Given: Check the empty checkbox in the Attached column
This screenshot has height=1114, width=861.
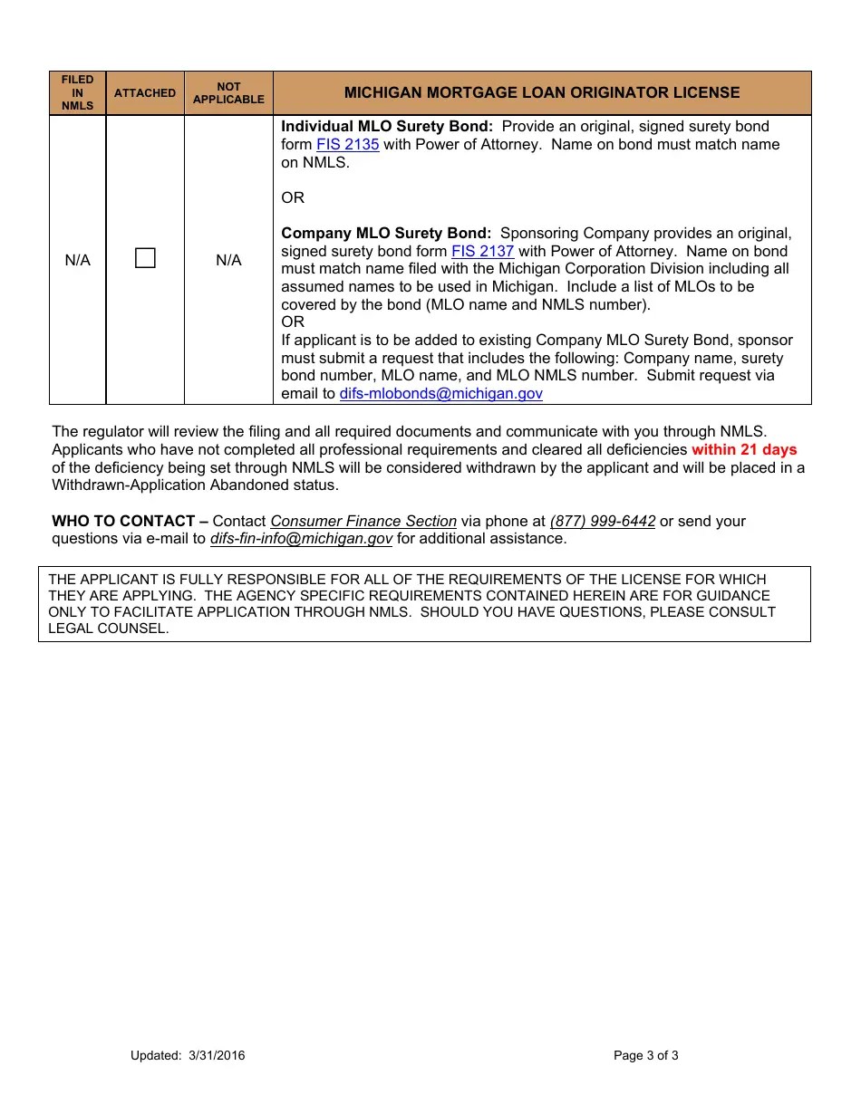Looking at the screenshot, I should (x=145, y=259).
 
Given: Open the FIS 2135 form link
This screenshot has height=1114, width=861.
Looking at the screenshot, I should (x=347, y=145).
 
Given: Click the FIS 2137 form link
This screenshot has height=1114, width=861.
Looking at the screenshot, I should (x=482, y=252).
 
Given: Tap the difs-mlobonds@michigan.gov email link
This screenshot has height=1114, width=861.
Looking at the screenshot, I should (x=440, y=394).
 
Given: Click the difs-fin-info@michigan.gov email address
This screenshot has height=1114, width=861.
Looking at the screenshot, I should (x=301, y=539).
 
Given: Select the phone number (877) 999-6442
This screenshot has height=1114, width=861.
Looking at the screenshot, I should (x=602, y=522).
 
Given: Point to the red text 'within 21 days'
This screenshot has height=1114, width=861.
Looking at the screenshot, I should (x=743, y=450).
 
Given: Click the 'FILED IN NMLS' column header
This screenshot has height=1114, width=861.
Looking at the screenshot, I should (x=77, y=93).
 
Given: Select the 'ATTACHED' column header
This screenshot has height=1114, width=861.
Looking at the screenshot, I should (x=145, y=93).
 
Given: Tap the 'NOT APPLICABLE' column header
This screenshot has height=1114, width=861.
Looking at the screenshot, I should (x=228, y=93).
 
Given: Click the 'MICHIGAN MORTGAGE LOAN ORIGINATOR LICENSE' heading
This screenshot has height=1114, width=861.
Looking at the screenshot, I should (x=542, y=93).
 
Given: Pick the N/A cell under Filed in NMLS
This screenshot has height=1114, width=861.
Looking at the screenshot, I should (x=77, y=261).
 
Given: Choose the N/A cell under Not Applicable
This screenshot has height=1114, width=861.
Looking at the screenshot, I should (x=228, y=261).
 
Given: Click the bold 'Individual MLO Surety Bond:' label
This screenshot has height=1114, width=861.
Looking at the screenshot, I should (x=387, y=127).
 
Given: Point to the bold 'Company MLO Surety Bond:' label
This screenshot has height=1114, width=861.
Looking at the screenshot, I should (x=386, y=234).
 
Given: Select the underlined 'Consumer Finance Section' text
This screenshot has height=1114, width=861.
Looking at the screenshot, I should (x=363, y=522).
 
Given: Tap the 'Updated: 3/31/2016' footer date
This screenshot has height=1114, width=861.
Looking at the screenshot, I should (x=188, y=1055).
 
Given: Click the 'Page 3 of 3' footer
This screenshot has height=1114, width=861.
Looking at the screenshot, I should (x=645, y=1055).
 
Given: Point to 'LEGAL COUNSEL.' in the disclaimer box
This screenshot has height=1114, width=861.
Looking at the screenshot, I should (x=109, y=629).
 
